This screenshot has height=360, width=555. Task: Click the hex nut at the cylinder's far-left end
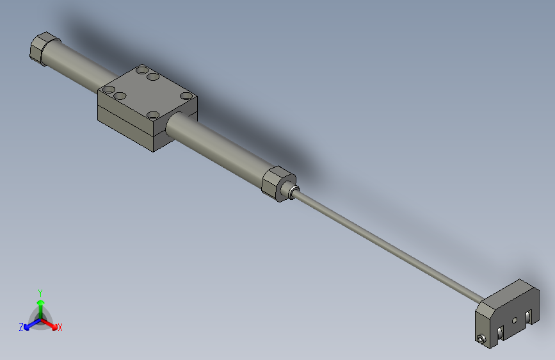click(44, 49)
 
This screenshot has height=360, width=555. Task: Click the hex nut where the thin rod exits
click(277, 184)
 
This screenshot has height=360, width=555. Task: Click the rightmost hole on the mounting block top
click(186, 96)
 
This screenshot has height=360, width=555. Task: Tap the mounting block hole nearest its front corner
click(152, 115)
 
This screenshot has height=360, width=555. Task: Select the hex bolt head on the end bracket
click(479, 339)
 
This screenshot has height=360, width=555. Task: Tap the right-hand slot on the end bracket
click(529, 317)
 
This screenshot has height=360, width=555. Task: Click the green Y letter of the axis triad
click(40, 292)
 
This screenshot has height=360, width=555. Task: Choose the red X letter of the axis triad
click(60, 327)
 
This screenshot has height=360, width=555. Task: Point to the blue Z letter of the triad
click(21, 327)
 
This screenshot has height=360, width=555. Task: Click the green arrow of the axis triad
click(40, 304)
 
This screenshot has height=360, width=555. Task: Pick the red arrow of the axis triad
click(51, 323)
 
